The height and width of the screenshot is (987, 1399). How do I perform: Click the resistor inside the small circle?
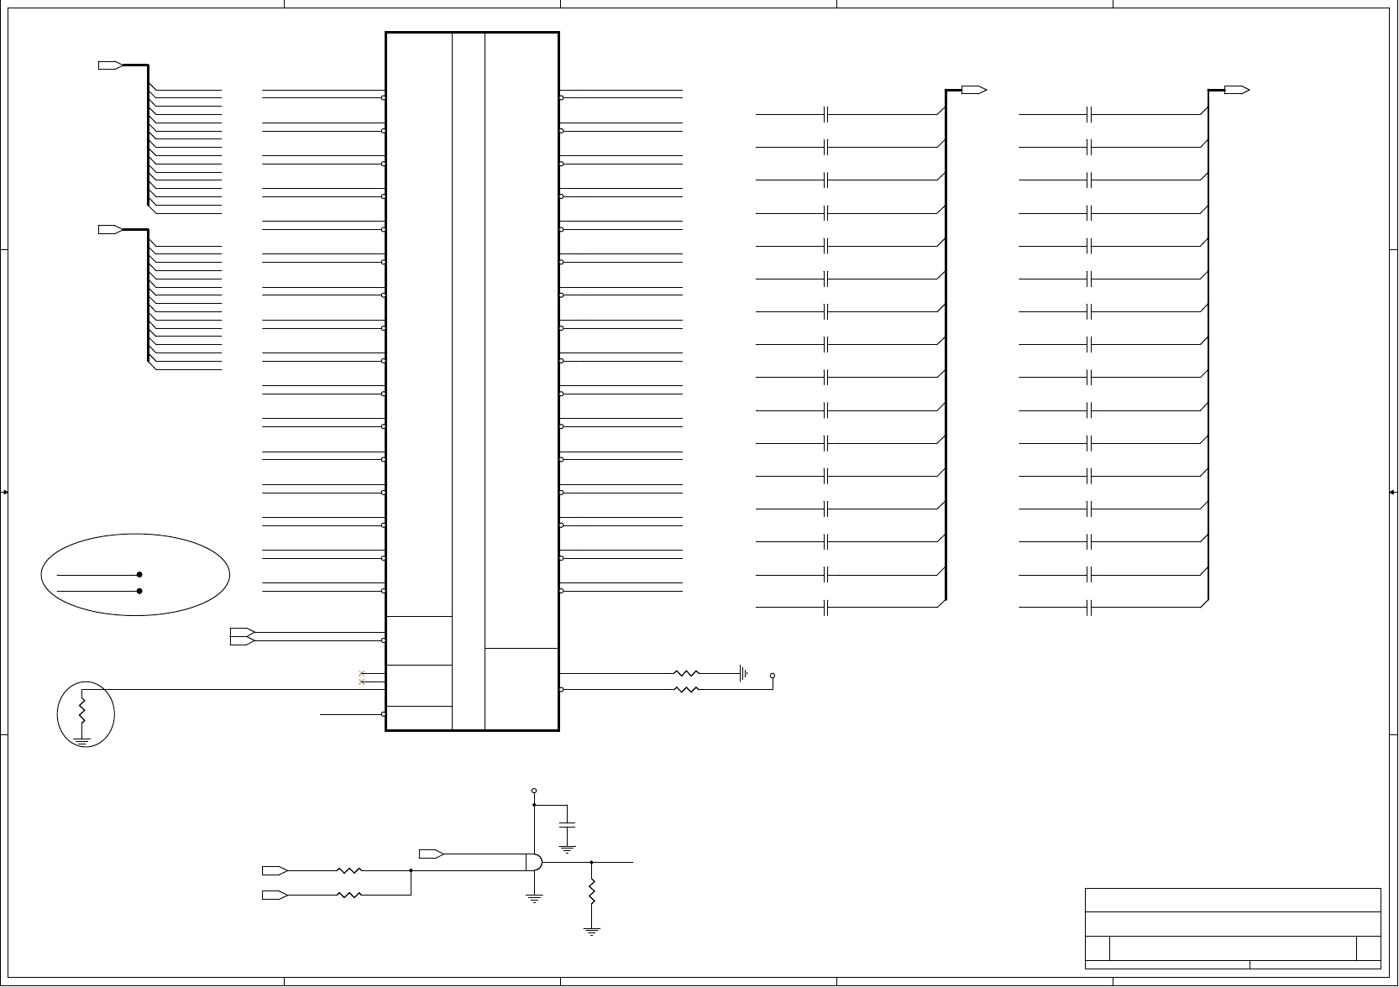coord(82,710)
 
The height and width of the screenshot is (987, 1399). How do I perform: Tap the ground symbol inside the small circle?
coord(82,740)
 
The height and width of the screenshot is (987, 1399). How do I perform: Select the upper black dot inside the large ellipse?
coord(139,575)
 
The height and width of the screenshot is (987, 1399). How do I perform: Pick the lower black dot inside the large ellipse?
coord(139,591)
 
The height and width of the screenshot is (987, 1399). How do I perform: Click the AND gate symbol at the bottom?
coord(534,862)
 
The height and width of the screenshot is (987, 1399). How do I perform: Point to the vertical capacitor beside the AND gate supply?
coord(568,824)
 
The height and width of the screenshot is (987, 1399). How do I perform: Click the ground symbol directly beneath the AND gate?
coord(534,898)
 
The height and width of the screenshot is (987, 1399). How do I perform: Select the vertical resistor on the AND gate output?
coord(592,891)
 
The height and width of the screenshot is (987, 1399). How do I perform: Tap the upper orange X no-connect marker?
coord(361,673)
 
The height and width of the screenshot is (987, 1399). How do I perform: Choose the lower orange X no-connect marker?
coord(361,681)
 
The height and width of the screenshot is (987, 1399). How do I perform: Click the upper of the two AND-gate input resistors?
coord(348,870)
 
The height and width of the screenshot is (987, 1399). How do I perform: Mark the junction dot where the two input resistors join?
coord(411,870)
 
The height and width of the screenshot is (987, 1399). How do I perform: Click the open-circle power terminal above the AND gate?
coord(534,791)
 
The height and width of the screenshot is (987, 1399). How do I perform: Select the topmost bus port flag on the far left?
coord(111,65)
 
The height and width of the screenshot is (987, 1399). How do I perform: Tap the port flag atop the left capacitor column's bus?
coord(974,90)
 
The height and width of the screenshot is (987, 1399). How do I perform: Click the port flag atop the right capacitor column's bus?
coord(1237,90)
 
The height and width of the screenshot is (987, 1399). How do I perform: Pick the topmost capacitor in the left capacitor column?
coord(827,113)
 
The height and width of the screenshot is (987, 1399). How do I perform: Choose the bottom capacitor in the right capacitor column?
coord(1089,607)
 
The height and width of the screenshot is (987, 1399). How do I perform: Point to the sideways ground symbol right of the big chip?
coord(743,673)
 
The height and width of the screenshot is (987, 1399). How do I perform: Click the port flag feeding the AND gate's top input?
coord(432,854)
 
